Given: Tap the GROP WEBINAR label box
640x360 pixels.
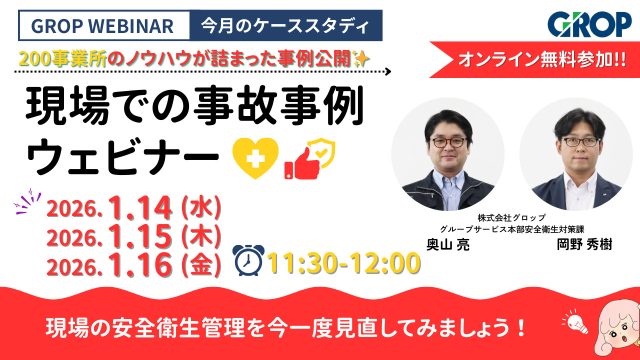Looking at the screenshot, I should pyautogui.click(x=104, y=25).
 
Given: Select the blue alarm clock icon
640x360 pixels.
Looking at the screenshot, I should pyautogui.click(x=249, y=260).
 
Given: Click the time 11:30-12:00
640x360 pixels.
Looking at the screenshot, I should pyautogui.click(x=343, y=263).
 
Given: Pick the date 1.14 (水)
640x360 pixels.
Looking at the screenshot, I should pyautogui.click(x=134, y=209).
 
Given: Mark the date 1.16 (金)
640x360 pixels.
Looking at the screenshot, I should pyautogui.click(x=134, y=266).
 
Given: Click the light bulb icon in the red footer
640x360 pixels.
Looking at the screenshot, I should pyautogui.click(x=575, y=322).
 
